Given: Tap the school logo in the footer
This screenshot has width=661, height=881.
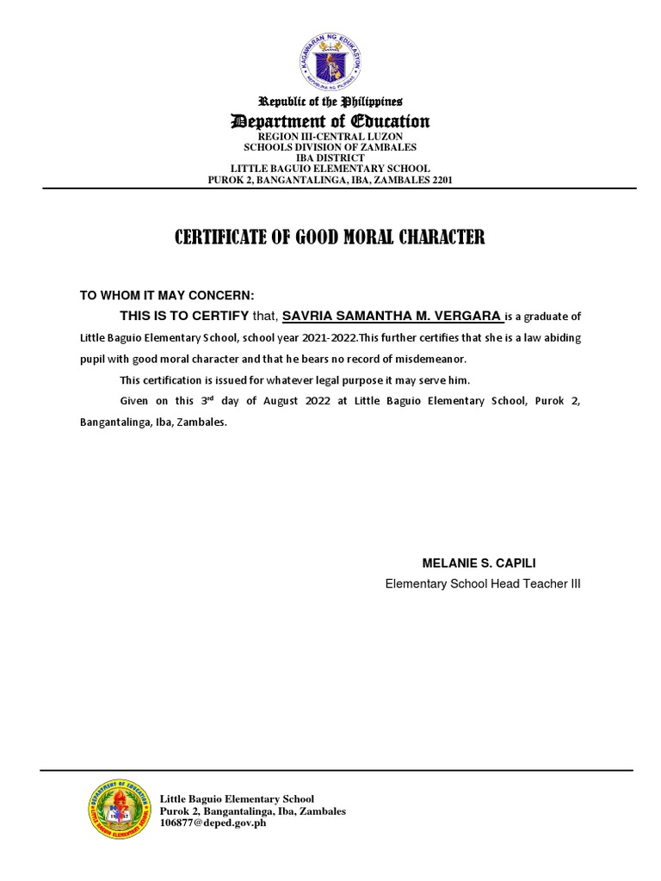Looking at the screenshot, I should click(119, 811).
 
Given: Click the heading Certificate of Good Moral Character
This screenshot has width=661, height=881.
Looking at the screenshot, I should click(330, 237).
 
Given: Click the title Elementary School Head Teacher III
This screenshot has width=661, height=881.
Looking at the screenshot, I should click(483, 583).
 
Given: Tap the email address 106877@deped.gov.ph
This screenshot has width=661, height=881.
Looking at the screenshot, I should click(213, 823).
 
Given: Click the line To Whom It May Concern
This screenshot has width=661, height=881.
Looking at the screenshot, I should click(167, 294).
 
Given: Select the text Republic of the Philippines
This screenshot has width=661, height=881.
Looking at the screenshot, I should click(330, 102).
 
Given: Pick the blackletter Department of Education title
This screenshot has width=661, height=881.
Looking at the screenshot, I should click(330, 121).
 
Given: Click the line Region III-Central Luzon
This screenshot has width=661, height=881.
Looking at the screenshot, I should click(330, 137).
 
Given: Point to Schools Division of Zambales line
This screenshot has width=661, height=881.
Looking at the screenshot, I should click(330, 147).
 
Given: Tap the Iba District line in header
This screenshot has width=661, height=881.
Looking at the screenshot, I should click(330, 158).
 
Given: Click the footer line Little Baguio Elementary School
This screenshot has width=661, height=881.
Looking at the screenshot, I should click(238, 799).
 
